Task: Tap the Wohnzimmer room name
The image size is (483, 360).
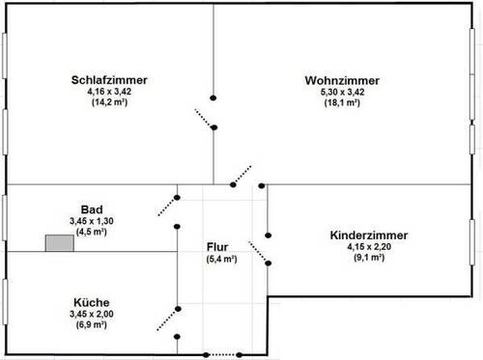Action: (x=342, y=79)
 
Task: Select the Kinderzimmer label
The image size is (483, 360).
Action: (x=368, y=235)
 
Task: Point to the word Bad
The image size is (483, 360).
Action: (x=92, y=208)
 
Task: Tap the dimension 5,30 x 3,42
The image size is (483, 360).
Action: (x=342, y=91)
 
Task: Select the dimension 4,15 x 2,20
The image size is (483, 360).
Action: (x=368, y=246)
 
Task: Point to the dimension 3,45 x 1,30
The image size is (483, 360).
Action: (x=92, y=220)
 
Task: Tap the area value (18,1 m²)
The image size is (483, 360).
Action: (x=342, y=101)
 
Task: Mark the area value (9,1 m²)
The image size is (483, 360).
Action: (x=368, y=257)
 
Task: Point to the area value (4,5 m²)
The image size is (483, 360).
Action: (x=92, y=231)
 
